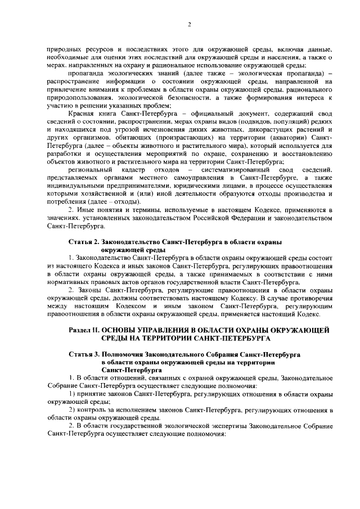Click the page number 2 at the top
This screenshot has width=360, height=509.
[189, 24]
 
